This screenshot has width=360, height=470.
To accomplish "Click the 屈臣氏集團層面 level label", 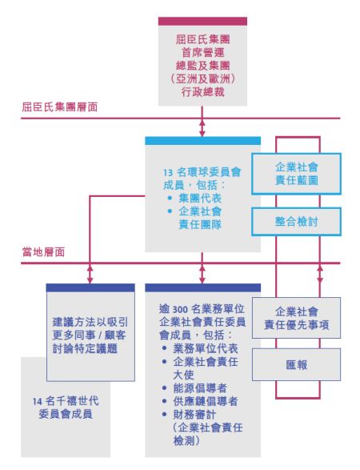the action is (60, 107).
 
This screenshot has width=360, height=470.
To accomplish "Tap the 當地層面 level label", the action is (43, 251).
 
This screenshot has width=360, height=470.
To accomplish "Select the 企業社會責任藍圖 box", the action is (296, 174).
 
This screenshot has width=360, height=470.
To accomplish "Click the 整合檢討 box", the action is (296, 222).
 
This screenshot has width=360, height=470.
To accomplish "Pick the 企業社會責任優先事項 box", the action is (296, 318).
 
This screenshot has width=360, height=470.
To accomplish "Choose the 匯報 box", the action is (296, 364).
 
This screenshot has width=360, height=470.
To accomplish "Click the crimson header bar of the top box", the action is (202, 22).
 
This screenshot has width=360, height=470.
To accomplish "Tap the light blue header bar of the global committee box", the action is (202, 141).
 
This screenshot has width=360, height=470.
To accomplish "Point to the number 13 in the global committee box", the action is (168, 173).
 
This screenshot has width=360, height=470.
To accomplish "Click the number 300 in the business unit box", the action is (180, 309).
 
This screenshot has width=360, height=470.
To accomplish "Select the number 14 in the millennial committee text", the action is (37, 401).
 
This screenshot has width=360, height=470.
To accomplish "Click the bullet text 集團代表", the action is (200, 198).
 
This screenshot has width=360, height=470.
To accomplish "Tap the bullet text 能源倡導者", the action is (200, 388).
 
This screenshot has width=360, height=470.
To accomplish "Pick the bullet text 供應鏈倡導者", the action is (206, 401).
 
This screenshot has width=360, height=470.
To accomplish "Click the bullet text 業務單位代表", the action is (206, 348).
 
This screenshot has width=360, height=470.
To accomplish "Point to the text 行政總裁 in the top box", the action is (202, 92).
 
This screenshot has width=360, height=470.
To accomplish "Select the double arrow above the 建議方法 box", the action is (90, 275).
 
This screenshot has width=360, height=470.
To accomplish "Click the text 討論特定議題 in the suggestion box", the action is (85, 348).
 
